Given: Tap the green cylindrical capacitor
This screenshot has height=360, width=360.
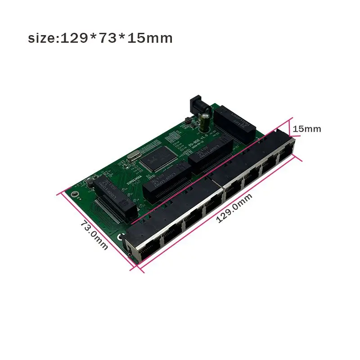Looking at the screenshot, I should tap(204, 120).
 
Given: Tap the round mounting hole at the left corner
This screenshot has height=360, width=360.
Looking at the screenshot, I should tap(76, 195).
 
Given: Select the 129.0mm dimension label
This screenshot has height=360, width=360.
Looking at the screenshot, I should tap(234, 207).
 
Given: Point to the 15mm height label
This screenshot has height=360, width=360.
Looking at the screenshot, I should tap(306, 129).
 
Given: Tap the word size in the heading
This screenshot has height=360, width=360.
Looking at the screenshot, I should tap(42, 39).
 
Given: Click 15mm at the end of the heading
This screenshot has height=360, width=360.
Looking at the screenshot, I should tap(150, 39).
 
